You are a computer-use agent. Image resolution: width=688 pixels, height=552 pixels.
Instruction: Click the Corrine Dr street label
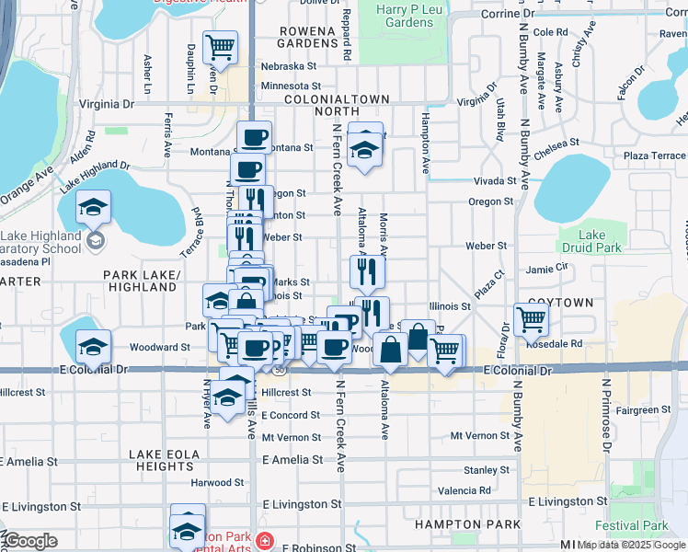point(507,15)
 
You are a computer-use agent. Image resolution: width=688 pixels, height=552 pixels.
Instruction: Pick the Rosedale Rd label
point(563,344)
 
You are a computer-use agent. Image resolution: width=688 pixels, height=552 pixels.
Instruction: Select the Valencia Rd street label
point(464,491)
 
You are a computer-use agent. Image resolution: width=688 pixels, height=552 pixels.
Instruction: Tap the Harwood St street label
point(212,482)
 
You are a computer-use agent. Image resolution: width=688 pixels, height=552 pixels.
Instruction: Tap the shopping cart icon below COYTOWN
point(531,319)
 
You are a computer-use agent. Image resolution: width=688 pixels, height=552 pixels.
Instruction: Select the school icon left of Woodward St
point(93,347)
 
